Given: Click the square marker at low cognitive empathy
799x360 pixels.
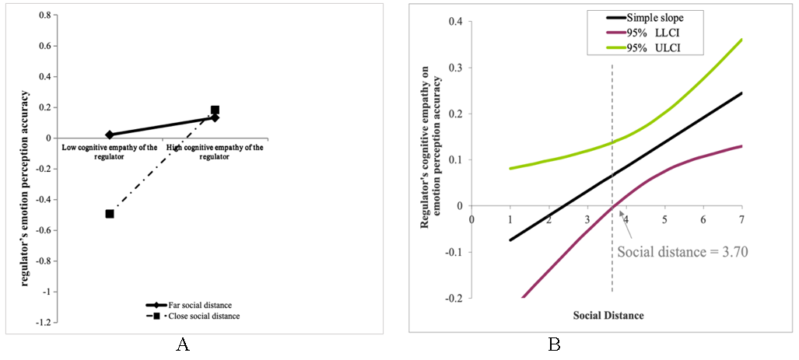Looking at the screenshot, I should tap(110, 214).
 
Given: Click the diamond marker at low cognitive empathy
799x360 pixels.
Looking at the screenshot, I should tap(110, 135).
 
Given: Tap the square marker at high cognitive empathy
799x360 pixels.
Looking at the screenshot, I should tap(215, 110).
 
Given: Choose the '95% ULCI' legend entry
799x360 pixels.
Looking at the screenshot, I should tap(644, 49).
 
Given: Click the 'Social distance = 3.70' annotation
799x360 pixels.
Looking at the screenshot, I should tap(682, 252).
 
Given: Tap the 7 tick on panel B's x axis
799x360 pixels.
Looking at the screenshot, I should tap(741, 219).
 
